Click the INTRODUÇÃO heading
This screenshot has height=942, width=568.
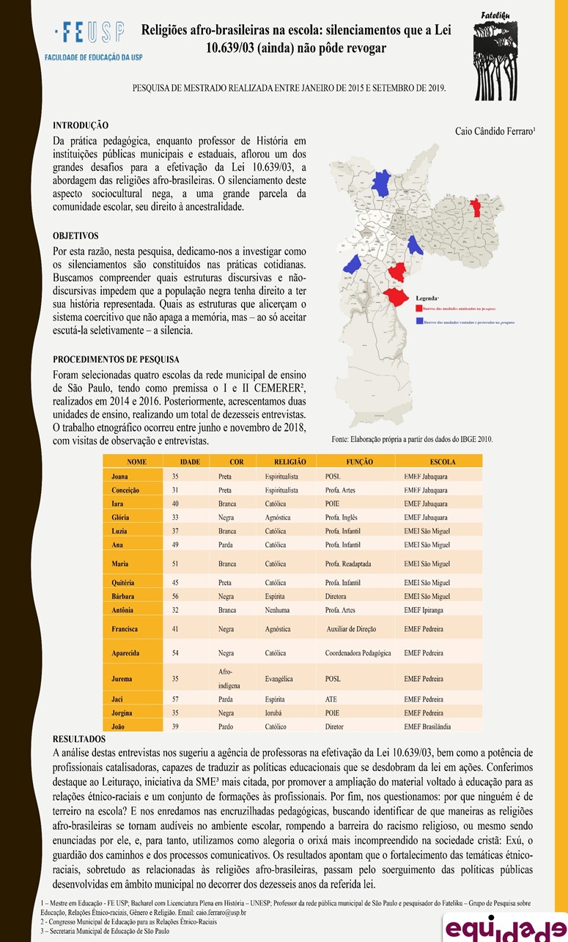(81, 125)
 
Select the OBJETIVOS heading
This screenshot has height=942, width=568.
(75, 236)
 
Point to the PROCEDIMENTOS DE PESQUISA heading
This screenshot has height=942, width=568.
(116, 359)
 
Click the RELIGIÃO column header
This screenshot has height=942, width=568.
(289, 462)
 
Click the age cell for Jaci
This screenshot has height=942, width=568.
(175, 699)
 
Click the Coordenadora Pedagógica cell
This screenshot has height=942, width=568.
(358, 652)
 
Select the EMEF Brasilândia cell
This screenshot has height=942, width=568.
(427, 726)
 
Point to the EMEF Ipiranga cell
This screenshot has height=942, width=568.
(424, 610)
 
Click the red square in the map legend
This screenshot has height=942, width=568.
(418, 308)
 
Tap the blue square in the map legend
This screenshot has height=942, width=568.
(418, 321)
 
